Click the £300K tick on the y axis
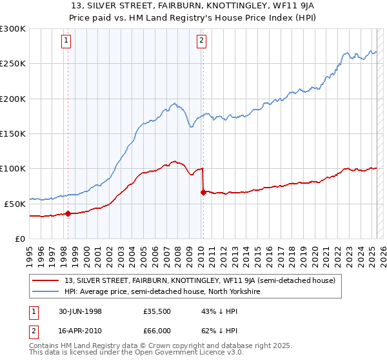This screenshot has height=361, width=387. click(x=13, y=29)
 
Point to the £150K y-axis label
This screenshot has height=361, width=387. click(x=13, y=133)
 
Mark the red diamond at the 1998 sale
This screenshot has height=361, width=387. click(x=68, y=213)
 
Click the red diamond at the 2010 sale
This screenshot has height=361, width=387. click(x=203, y=192)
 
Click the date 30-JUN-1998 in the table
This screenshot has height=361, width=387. click(x=79, y=310)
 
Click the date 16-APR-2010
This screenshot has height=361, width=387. click(x=79, y=329)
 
